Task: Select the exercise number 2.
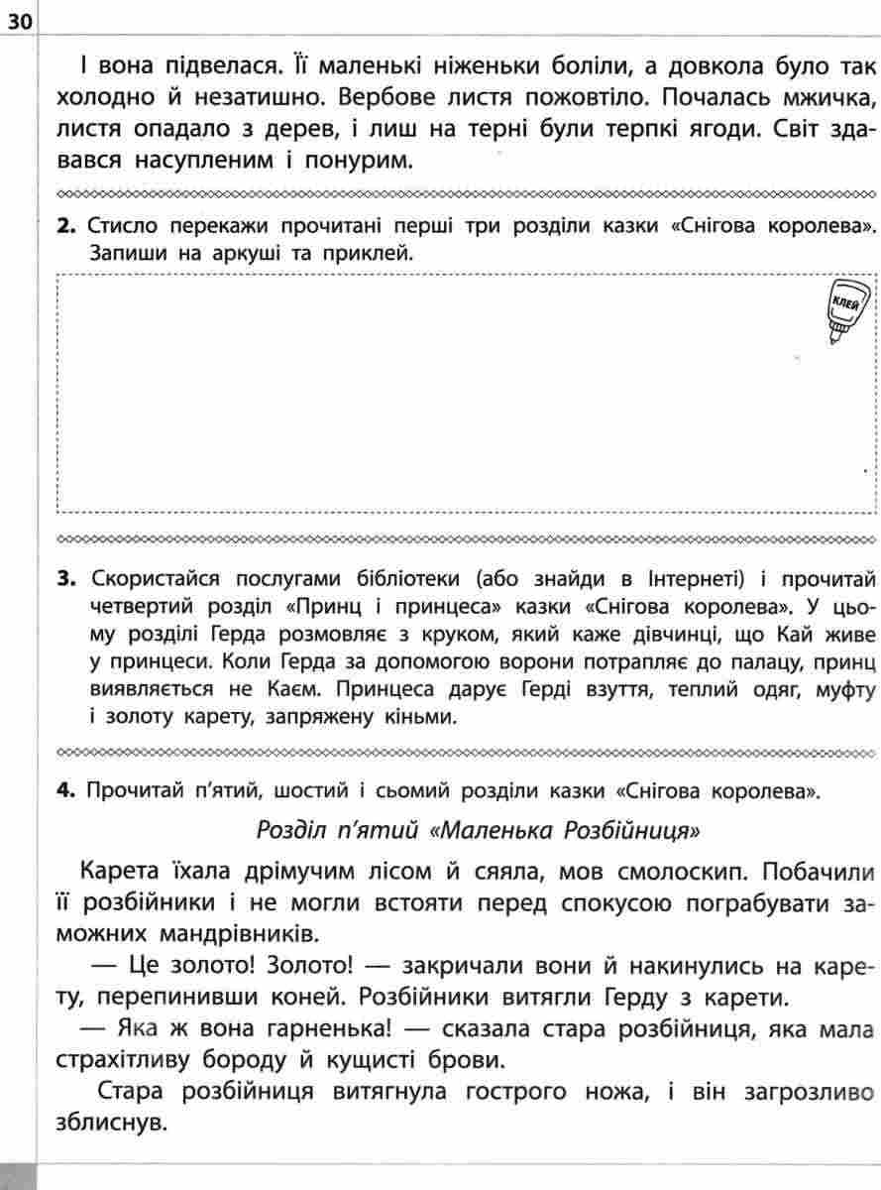[x=66, y=225]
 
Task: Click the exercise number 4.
[x=66, y=790]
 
